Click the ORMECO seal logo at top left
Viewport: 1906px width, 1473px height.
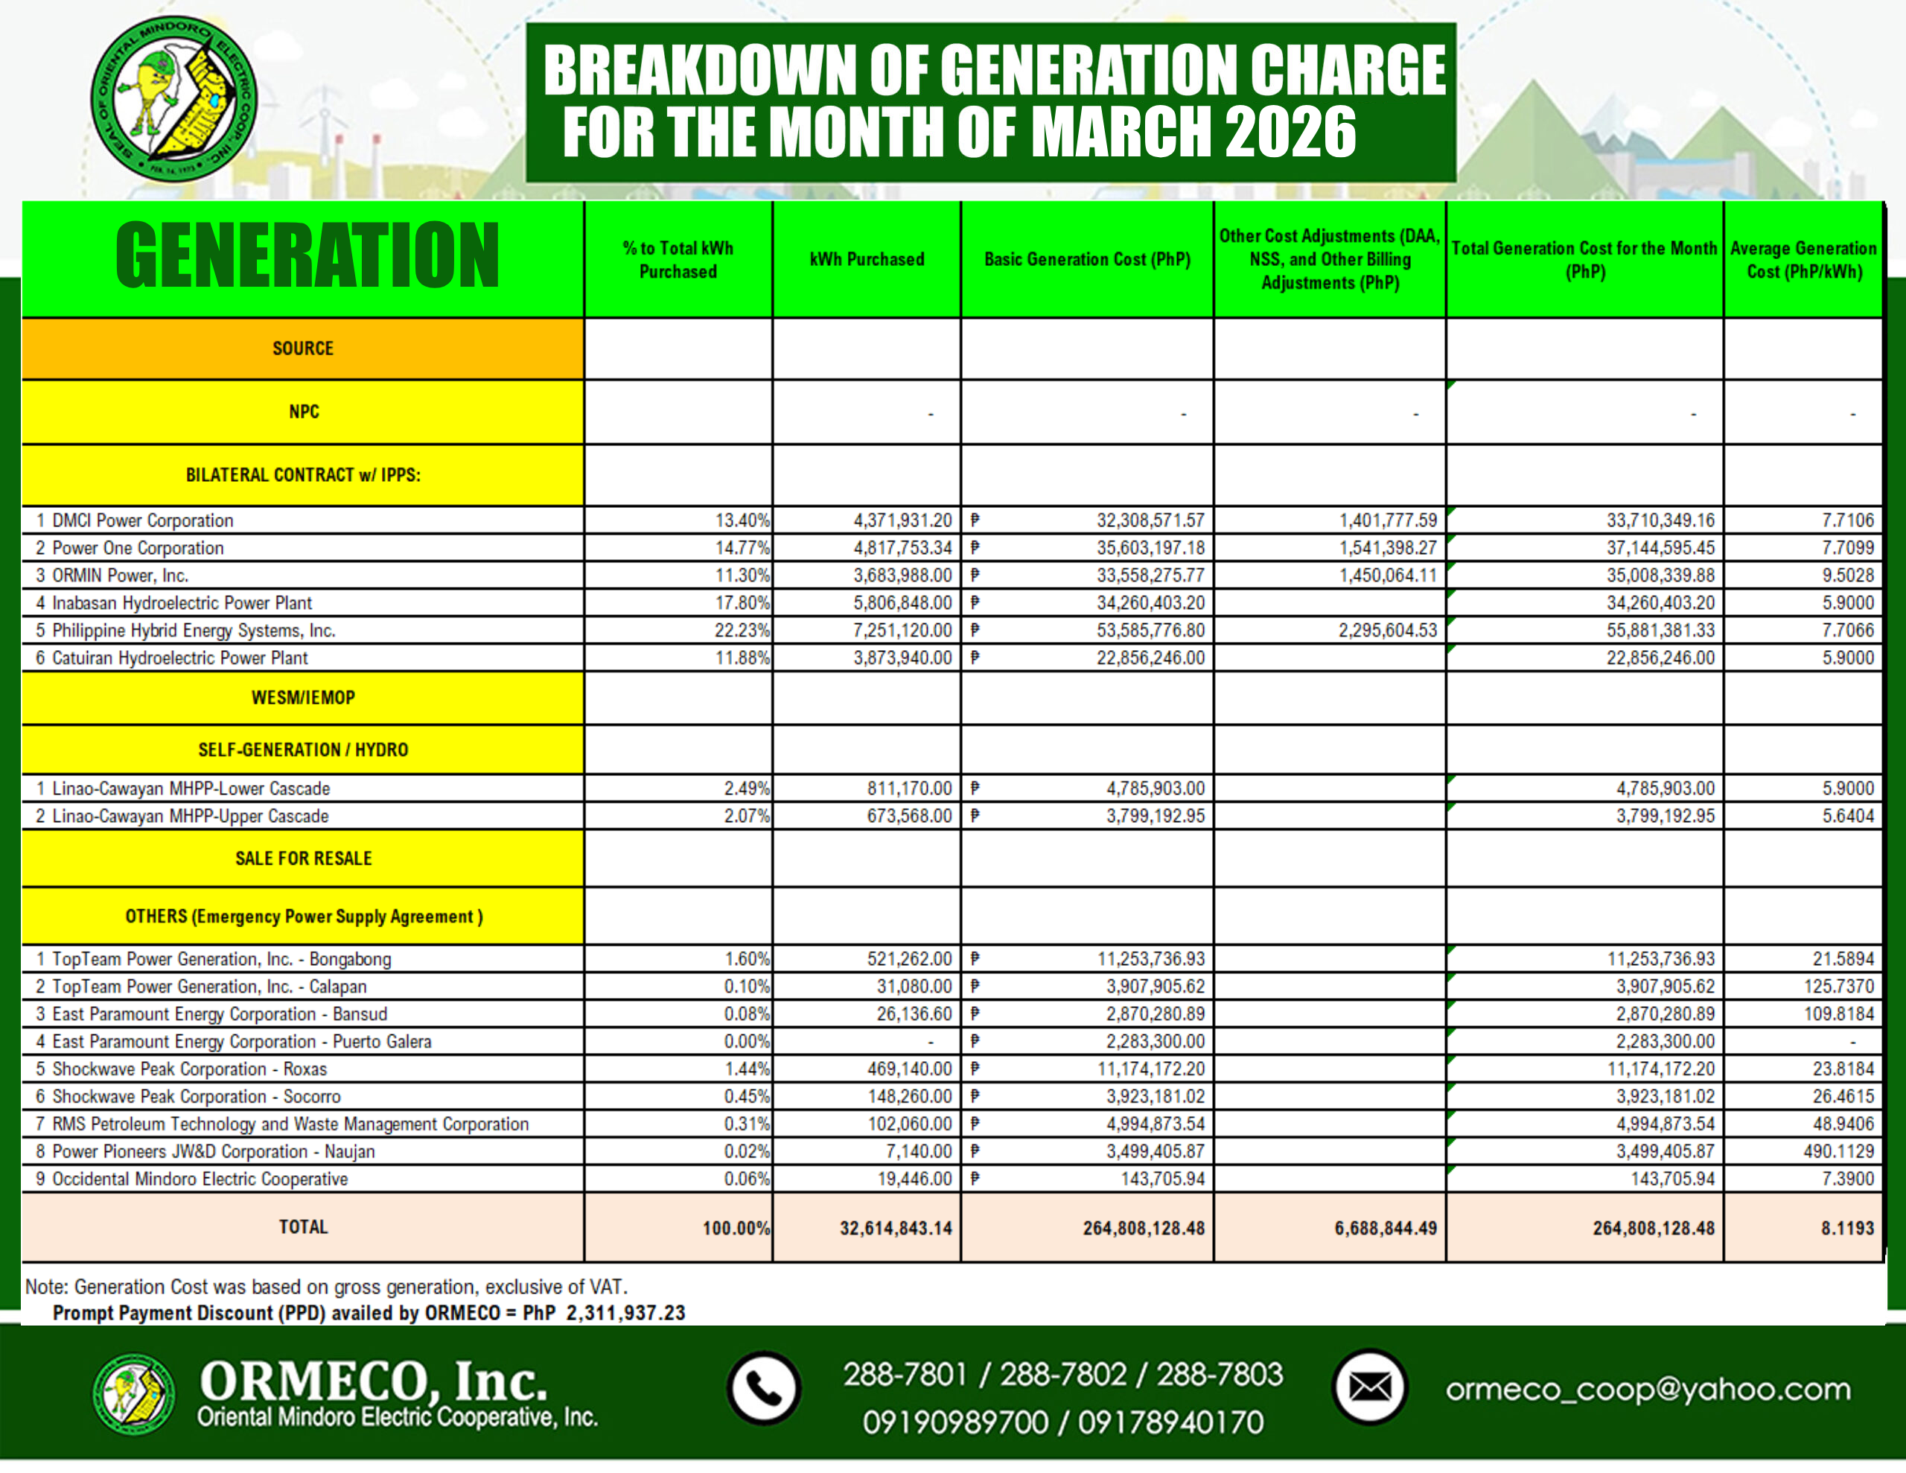pos(173,98)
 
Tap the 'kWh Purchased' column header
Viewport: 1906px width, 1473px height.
pos(867,259)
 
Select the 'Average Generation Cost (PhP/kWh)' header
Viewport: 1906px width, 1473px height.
pos(1803,259)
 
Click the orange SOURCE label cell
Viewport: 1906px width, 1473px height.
pos(303,349)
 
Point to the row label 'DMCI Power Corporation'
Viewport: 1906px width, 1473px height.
pos(143,521)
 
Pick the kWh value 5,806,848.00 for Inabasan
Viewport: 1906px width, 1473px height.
pos(902,602)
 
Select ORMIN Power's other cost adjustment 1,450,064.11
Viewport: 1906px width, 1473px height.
pos(1388,576)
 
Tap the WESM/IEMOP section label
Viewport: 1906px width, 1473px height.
pos(303,698)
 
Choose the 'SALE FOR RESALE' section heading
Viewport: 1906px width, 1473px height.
pos(303,859)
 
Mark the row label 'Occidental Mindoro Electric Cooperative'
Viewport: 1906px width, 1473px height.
pos(200,1179)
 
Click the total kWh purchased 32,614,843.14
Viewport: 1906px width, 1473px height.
pos(896,1228)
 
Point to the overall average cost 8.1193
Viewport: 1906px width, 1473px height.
pos(1846,1228)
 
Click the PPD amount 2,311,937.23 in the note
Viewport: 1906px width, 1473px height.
pos(625,1312)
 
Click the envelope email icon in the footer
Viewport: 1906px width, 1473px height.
pos(1369,1387)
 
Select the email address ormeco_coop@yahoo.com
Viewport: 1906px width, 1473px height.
pos(1648,1388)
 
